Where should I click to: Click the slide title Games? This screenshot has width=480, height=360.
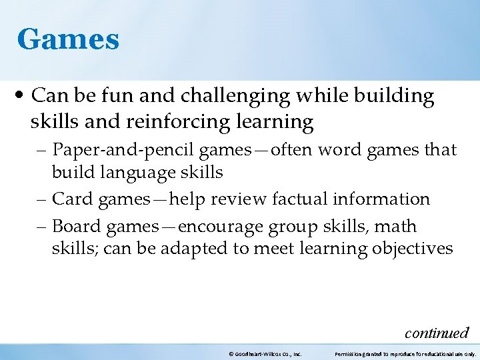point(68,39)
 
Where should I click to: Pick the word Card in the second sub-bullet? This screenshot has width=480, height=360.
point(69,199)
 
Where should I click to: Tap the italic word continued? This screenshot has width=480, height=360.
point(437,332)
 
